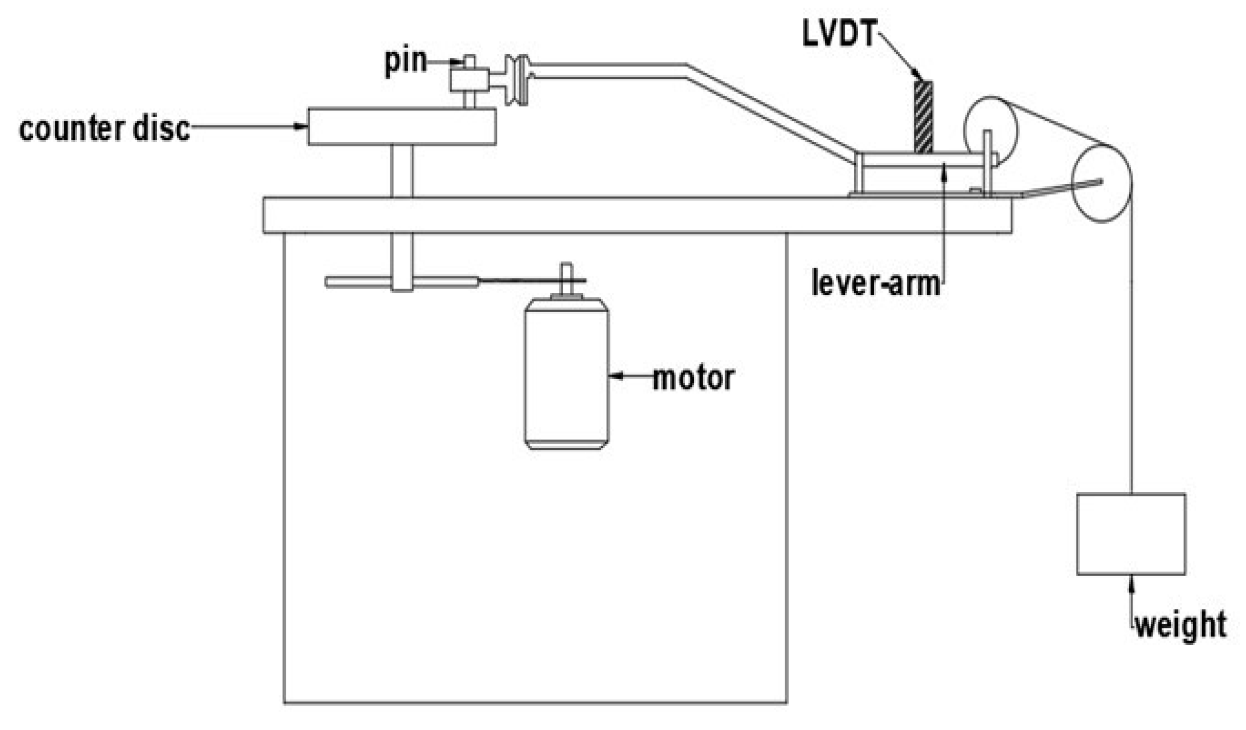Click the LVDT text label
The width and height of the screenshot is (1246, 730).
pos(840,34)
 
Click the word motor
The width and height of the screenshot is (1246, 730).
pos(693,378)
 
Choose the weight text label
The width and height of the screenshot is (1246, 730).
pos(1181,625)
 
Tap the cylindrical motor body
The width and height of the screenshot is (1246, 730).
pos(566,374)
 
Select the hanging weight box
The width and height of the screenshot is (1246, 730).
pos(1131,534)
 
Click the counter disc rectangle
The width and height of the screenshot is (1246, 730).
pos(402,126)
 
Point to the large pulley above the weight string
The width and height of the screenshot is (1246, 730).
pos(1101,183)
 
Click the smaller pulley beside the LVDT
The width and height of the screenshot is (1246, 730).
pos(990,130)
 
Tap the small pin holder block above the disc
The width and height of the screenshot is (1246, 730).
pos(469,79)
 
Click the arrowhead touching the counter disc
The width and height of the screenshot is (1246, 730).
pos(301,126)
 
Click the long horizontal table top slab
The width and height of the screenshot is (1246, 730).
pos(637,215)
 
